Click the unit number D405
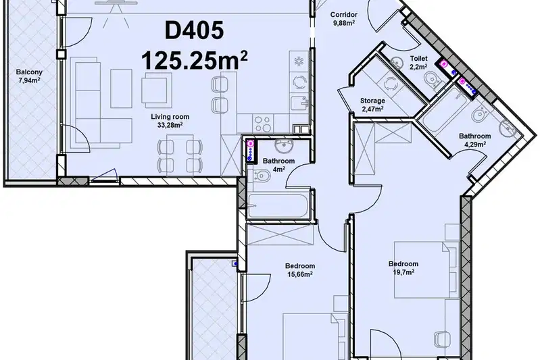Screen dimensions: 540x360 [x=194, y=30]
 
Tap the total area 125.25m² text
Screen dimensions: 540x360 [x=194, y=60]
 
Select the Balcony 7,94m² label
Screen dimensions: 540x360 [x=29, y=76]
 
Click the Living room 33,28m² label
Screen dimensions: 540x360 [x=170, y=121]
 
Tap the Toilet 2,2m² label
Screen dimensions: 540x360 [x=418, y=63]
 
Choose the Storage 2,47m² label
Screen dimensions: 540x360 [x=372, y=105]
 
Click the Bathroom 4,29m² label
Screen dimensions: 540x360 [x=475, y=140]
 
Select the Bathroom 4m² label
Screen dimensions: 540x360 [x=278, y=165]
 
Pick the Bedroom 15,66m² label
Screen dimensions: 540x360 [x=300, y=270]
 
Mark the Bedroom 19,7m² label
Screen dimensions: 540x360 [x=403, y=268]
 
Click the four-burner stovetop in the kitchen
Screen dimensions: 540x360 [x=262, y=124]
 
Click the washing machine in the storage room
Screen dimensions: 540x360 [x=390, y=82]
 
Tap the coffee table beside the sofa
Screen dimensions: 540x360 [x=121, y=88]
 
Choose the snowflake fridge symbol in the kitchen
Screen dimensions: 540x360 [x=298, y=61]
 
